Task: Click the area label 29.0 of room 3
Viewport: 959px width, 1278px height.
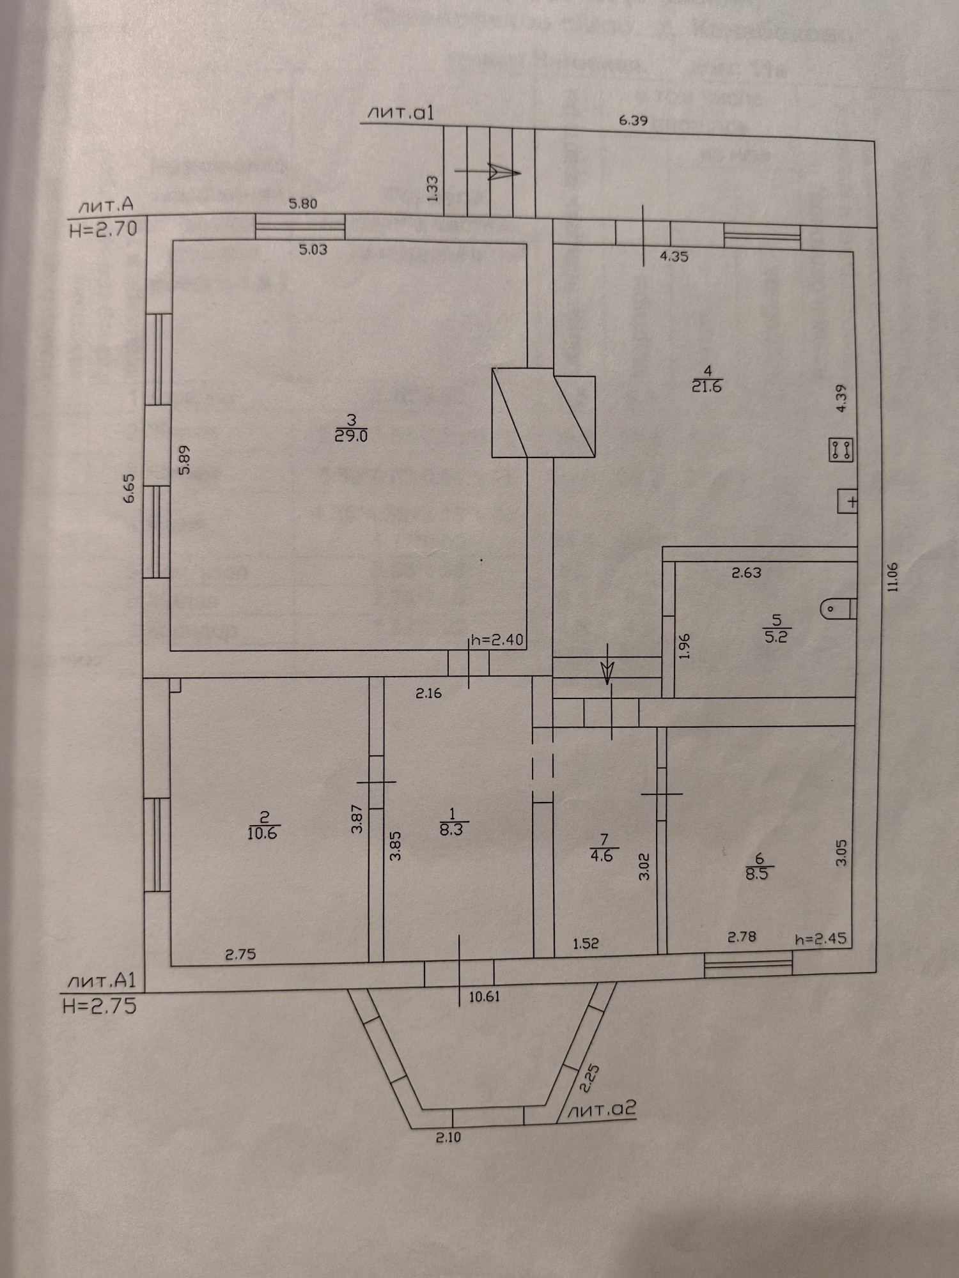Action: pos(351,436)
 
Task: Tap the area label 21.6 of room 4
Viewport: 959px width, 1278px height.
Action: pos(706,387)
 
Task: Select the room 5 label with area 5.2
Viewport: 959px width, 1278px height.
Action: pos(776,637)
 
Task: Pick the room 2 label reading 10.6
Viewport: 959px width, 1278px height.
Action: pos(263,833)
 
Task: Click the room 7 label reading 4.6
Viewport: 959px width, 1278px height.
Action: pos(602,856)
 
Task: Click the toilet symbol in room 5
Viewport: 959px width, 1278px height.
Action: pos(837,608)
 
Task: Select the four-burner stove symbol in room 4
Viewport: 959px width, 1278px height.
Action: pos(841,450)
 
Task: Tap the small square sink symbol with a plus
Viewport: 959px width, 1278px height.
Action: pos(847,501)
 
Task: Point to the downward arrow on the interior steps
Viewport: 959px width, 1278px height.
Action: pos(607,672)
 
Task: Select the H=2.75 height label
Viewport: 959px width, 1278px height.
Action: pos(100,1006)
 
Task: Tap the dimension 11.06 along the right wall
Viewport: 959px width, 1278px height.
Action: pos(893,577)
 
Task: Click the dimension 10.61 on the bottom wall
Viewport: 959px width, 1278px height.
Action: pos(484,996)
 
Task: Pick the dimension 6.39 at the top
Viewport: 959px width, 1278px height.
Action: pos(634,120)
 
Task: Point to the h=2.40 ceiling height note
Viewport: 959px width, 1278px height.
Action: pos(497,640)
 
